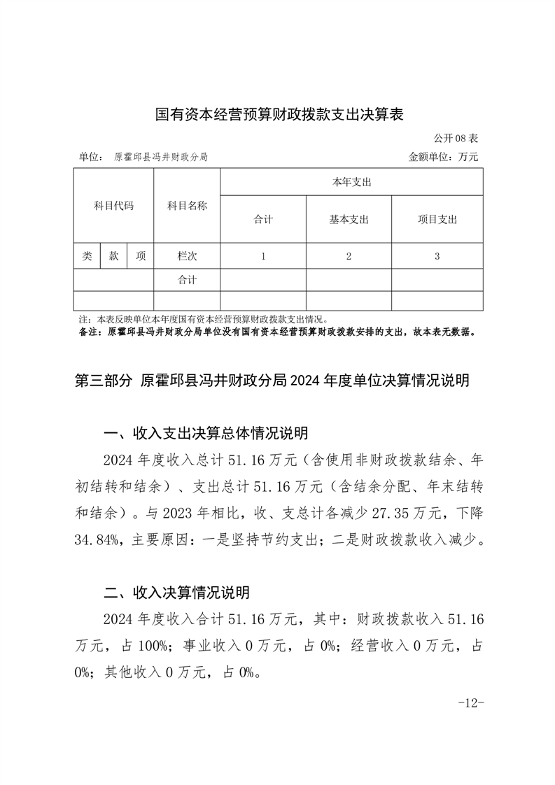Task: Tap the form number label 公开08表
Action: [456, 139]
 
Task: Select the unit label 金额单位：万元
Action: [443, 157]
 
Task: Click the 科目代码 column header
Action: [113, 206]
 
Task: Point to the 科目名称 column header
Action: [187, 206]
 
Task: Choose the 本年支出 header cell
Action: [351, 182]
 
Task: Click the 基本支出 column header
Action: [349, 220]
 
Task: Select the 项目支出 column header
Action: [437, 220]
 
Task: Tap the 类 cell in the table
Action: [87, 256]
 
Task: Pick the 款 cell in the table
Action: [113, 256]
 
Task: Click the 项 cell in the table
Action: [141, 256]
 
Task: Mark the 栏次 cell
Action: [187, 256]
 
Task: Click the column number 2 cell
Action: [349, 256]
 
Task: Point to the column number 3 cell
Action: [437, 256]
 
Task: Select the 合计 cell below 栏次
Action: [187, 280]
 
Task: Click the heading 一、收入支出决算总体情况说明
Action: [205, 434]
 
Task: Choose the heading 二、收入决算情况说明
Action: [176, 593]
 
